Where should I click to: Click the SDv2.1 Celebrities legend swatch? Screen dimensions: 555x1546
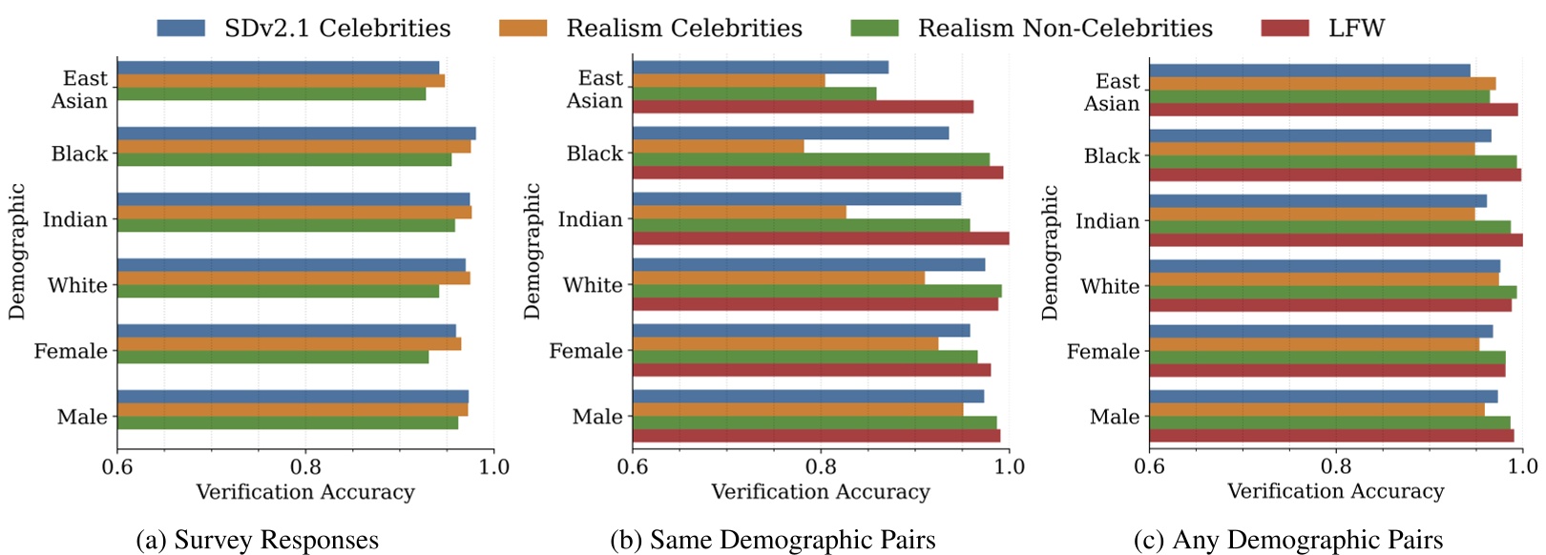[181, 29]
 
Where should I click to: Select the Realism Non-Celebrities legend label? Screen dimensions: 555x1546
[1065, 29]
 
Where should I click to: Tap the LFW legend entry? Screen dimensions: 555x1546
[1355, 29]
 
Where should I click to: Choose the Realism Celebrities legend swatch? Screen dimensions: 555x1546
[523, 29]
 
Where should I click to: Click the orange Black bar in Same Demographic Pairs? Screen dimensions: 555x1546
[718, 146]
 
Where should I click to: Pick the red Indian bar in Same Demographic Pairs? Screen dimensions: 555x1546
[821, 238]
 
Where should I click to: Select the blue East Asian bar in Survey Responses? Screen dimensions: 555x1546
[278, 68]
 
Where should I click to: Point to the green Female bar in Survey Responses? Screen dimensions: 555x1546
[273, 357]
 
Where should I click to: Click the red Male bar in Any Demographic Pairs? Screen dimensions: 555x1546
[1331, 436]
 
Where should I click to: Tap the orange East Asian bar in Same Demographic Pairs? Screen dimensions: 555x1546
[728, 80]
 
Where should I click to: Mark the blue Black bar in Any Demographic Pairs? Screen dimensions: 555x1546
[1320, 135]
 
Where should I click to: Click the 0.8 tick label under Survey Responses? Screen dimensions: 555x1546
[305, 467]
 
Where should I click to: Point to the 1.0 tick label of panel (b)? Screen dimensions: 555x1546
[1009, 467]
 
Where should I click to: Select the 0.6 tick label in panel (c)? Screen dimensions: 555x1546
[1149, 467]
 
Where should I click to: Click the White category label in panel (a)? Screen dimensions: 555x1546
[77, 285]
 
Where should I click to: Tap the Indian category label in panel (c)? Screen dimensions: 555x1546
[1107, 221]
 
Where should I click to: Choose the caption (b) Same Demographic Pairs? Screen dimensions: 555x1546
[773, 541]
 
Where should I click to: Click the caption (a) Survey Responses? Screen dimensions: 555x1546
[258, 541]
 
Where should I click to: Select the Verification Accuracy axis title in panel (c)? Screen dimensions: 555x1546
[1335, 491]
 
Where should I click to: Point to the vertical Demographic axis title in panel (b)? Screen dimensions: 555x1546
[532, 251]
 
